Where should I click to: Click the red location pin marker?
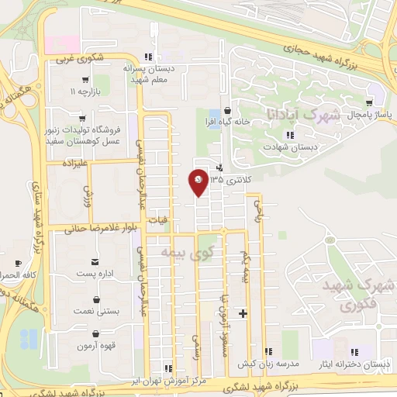[198, 182]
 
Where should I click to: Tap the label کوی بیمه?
[185, 252]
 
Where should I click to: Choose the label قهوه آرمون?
[95, 346]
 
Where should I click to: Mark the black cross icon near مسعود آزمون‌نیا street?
[243, 314]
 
